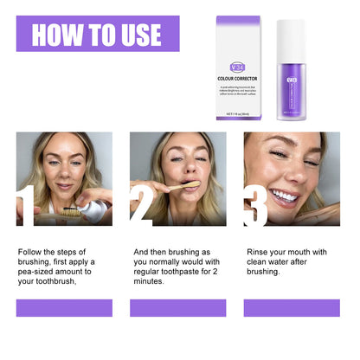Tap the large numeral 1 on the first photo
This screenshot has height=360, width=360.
[x=25, y=207]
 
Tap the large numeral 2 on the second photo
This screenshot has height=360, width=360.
[x=141, y=207]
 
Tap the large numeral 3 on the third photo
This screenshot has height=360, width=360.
[x=255, y=207]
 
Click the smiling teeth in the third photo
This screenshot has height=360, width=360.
[x=283, y=196]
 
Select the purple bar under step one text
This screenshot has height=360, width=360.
[x=64, y=308]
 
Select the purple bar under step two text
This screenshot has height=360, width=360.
[x=178, y=308]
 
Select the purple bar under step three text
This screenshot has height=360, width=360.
[x=292, y=308]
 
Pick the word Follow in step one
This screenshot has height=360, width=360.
[x=31, y=252]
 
